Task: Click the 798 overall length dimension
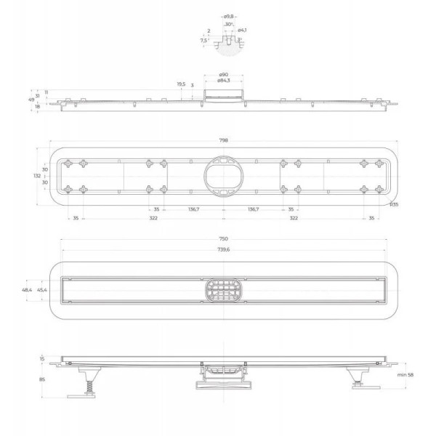[223, 139]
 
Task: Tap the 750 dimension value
[223, 239]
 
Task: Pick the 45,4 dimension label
[43, 290]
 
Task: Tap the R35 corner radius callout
[393, 204]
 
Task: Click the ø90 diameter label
[223, 73]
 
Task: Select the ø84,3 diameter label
[223, 80]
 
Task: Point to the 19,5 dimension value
[181, 84]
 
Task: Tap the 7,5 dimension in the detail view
[204, 41]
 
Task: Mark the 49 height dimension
[32, 99]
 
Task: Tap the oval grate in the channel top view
[223, 291]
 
